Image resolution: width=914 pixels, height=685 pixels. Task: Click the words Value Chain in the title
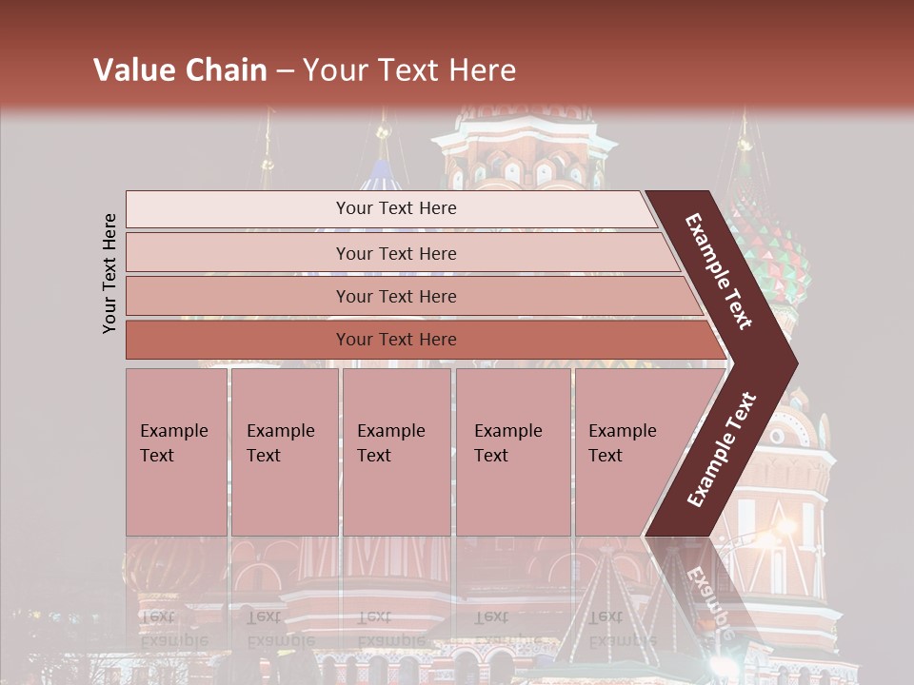click(180, 70)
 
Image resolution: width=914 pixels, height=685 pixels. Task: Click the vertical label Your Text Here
click(110, 274)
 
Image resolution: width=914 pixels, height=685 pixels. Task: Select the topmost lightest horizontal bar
click(238, 209)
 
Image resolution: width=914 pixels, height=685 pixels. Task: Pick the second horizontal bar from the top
click(238, 253)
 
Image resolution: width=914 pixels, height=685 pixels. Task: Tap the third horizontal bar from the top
click(238, 296)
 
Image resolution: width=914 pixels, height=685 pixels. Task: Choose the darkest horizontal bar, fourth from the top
click(238, 340)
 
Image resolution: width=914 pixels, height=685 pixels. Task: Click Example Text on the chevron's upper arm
click(719, 271)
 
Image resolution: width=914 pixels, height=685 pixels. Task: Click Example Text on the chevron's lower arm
click(722, 450)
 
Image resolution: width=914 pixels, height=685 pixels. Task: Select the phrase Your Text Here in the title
click(409, 70)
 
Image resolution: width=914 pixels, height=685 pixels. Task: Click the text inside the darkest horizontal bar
click(396, 340)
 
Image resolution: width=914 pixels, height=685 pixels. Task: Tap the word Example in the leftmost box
click(173, 431)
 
